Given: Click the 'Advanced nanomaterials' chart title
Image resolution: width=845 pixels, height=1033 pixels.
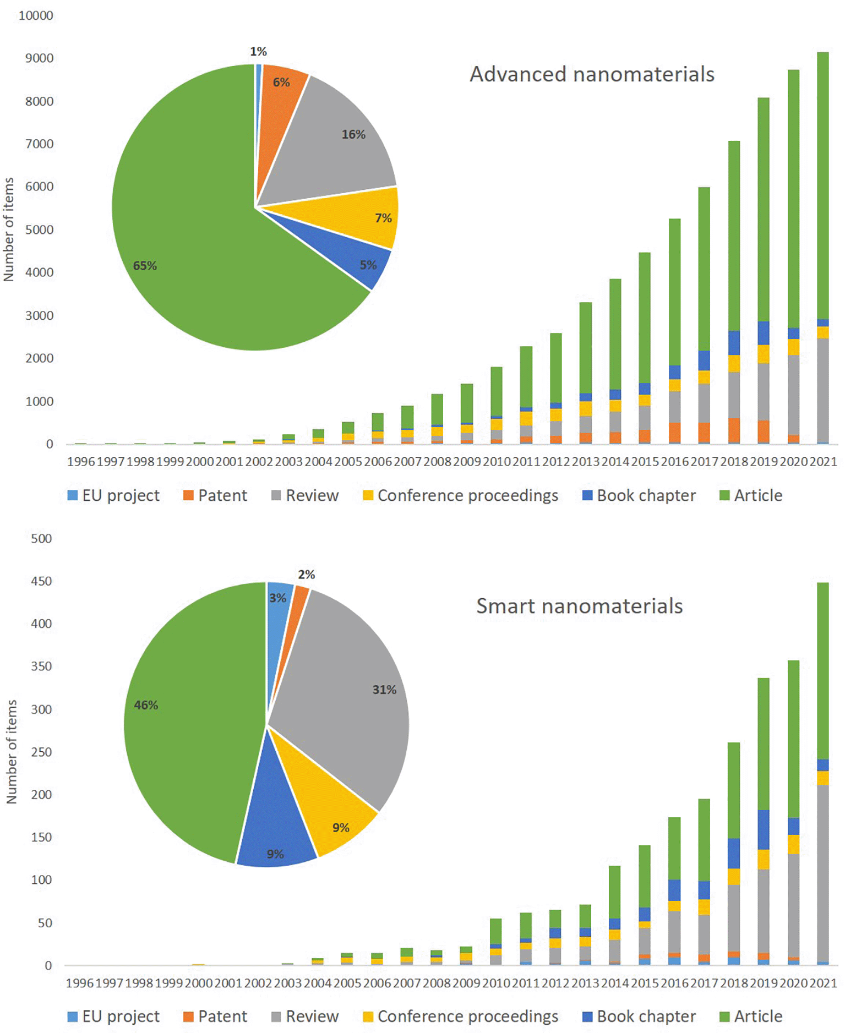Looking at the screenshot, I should (592, 74).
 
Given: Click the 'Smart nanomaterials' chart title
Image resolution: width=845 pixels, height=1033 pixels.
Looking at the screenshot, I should (579, 606).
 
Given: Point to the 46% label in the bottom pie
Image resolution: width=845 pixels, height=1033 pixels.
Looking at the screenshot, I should (146, 705).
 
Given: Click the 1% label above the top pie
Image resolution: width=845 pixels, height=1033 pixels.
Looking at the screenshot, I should (258, 52).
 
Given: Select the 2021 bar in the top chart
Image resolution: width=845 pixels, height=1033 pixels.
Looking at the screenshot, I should (822, 248).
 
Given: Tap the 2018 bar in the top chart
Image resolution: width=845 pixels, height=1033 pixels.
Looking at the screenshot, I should (734, 292).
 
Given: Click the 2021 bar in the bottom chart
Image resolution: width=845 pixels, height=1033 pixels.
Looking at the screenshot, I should (822, 770).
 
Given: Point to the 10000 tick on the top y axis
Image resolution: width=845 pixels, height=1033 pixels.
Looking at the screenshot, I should (36, 15).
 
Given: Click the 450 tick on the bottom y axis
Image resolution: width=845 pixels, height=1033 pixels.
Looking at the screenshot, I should (41, 581).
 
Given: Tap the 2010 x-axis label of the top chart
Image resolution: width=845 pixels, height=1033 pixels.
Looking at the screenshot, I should (497, 462).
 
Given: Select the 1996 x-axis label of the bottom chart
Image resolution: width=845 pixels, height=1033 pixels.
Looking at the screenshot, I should (80, 983).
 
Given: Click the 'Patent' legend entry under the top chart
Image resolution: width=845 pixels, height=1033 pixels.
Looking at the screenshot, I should (215, 495).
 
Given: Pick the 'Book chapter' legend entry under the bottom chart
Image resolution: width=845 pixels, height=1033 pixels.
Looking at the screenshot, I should (639, 1016).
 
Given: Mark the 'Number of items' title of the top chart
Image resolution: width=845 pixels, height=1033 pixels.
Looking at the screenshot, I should (9, 229).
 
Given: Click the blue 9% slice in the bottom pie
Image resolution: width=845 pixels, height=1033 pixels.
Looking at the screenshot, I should (275, 826).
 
